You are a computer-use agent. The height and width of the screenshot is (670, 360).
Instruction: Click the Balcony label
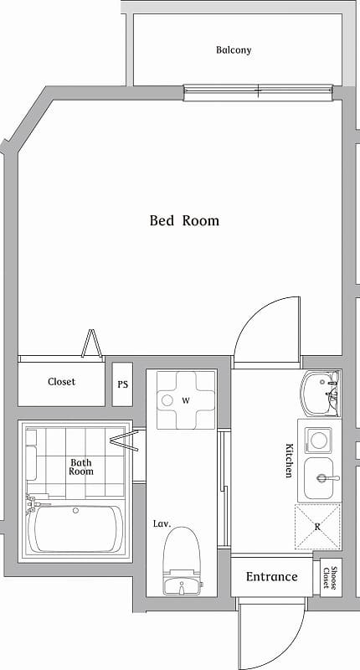point(234,50)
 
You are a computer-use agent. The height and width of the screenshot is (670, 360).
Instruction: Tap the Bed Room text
point(184,221)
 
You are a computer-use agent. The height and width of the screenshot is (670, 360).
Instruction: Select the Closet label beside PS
point(61,382)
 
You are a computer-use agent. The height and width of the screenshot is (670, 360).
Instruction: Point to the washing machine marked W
point(186,400)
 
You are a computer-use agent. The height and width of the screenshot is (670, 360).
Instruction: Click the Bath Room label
point(81,466)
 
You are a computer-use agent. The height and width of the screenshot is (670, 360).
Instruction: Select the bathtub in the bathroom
point(75,528)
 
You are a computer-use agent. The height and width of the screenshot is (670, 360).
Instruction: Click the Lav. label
point(162,523)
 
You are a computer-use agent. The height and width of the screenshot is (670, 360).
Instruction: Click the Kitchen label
point(289,461)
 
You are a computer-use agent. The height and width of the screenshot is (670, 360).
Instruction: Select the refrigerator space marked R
point(318,527)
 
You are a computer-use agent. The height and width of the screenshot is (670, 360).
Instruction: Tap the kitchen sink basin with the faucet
point(321,478)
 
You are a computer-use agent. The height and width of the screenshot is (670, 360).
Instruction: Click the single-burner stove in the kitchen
point(318,439)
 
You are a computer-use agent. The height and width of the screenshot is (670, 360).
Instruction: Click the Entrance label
point(271,576)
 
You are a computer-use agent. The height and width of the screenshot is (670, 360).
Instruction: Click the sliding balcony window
point(259,90)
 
